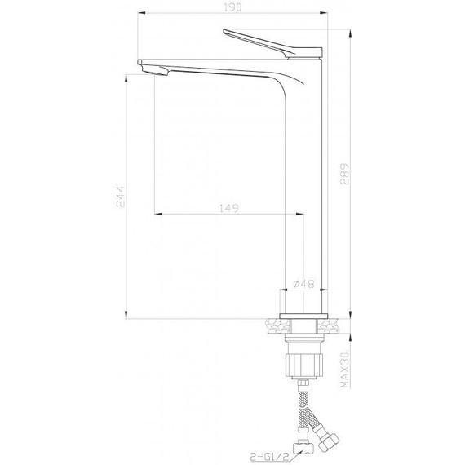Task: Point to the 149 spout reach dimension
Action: (x=229, y=210)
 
